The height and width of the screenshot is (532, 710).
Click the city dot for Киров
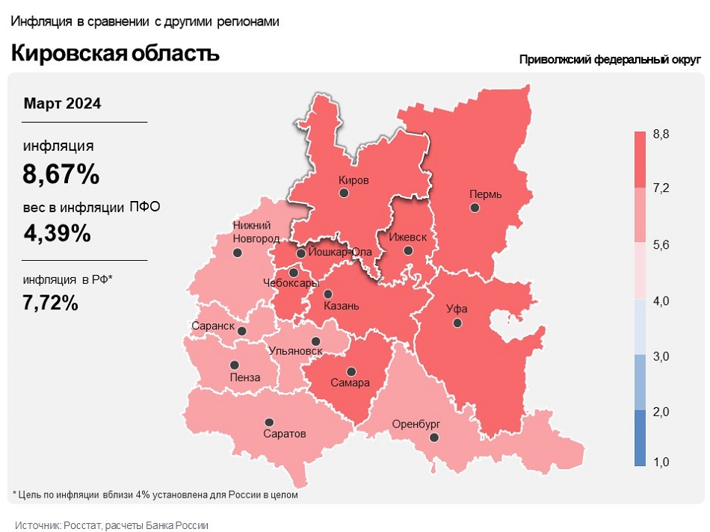pos(344,193)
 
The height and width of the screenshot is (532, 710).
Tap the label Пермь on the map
pos(485,194)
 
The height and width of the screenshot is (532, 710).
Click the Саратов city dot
pos(269,422)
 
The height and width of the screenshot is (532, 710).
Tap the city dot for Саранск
pos(241,330)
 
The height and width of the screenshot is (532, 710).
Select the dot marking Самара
pos(351,371)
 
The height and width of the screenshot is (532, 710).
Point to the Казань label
pos(342,306)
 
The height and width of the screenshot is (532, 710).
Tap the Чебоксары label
pos(291,283)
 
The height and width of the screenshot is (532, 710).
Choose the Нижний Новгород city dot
pos(238,253)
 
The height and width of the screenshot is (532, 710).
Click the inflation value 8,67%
pos(61,175)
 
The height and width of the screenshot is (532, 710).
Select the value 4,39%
pos(57,234)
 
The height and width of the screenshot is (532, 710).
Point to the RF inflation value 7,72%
pos(50,303)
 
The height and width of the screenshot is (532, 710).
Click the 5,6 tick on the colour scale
pos(661,244)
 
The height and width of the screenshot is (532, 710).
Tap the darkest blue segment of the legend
pos(640,438)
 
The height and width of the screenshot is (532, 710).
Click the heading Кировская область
pos(115,53)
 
